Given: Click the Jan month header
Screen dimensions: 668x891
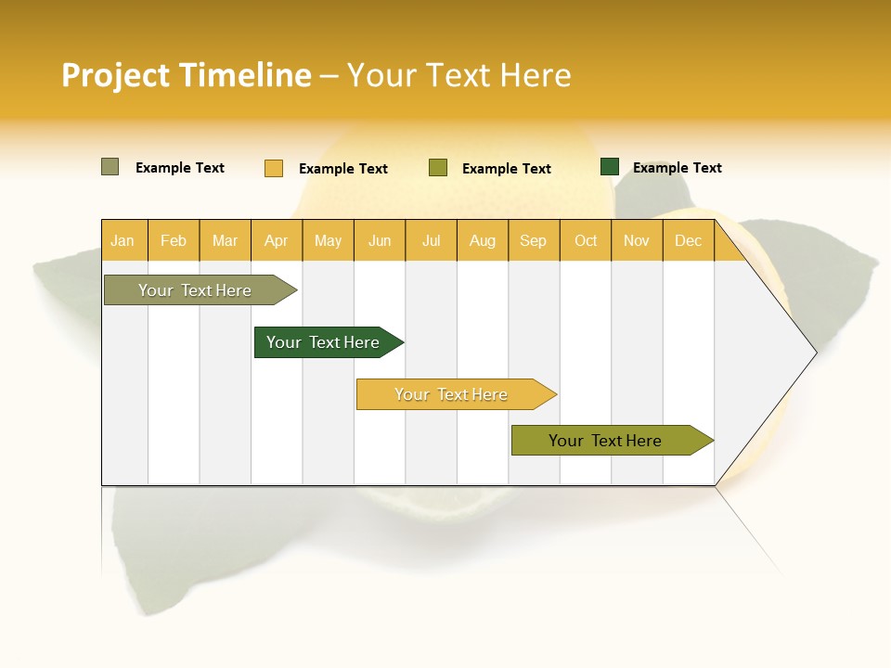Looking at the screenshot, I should [123, 240].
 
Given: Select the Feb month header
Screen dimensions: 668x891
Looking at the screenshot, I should [174, 240].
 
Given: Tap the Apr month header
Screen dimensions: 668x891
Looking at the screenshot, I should [276, 240].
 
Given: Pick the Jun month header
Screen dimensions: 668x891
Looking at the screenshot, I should [380, 240].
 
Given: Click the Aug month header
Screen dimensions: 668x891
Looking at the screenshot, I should [482, 240].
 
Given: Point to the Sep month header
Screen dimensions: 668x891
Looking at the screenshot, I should [533, 240].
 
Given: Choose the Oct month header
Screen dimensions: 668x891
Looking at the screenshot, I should [586, 240].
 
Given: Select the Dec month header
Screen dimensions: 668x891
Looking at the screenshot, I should [688, 240].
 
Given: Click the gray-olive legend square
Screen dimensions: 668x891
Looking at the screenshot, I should [110, 167].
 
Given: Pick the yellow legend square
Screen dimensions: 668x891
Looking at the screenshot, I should [274, 168].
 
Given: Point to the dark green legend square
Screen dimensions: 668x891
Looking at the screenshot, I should [610, 167].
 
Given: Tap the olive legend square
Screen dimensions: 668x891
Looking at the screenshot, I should [438, 168].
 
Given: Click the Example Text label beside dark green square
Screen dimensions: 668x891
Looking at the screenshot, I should [677, 168].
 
